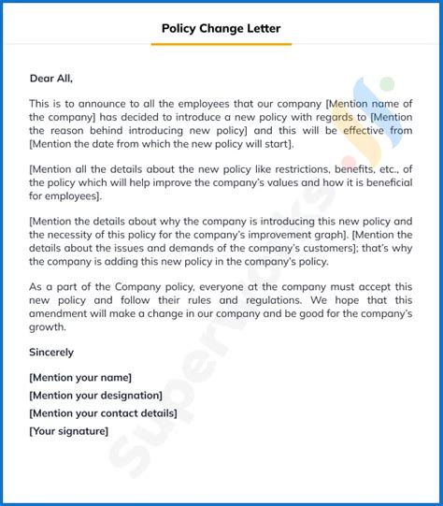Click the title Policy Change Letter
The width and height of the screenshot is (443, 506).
221,28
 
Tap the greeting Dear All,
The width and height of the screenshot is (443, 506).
50,79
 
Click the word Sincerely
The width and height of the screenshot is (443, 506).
51,353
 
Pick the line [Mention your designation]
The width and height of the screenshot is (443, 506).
95,395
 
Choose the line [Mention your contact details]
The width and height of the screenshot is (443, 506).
103,412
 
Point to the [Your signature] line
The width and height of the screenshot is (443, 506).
68,430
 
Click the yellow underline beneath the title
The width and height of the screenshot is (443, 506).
221,43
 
